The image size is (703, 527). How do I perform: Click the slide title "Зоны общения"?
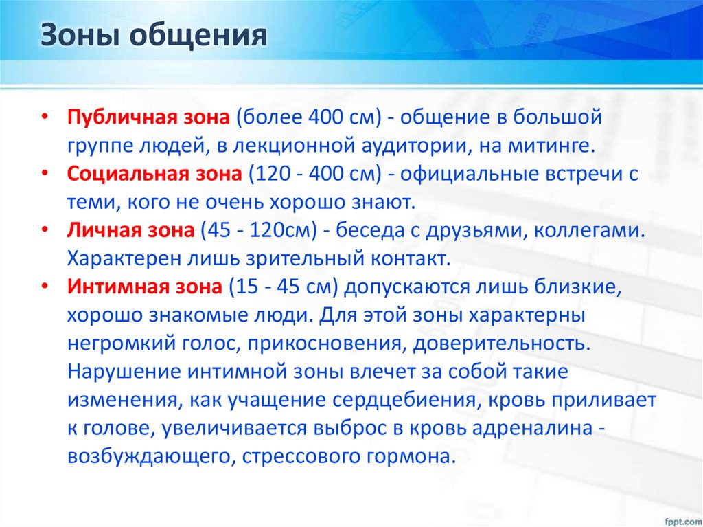153,36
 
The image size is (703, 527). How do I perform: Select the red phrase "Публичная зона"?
148,117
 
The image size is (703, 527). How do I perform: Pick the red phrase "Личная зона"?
130,231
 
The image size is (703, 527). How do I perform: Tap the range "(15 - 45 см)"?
284,287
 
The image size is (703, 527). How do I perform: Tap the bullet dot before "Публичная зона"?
45,118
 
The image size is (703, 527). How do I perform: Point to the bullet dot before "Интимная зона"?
45,288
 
